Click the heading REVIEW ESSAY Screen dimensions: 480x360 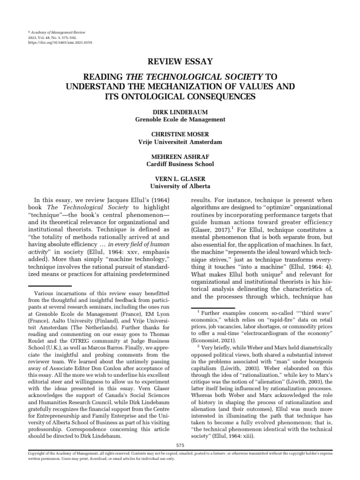coord(180,61)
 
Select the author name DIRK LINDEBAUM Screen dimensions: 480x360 coord(180,112)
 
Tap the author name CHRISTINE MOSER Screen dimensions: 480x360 coord(180,135)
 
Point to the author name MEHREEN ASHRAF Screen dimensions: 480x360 coord(180,157)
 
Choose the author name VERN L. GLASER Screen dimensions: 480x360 coord(180,179)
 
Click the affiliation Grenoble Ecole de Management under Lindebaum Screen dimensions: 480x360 coord(180,120)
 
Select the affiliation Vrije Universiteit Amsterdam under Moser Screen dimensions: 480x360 coord(180,142)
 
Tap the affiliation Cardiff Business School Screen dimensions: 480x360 coord(180,164)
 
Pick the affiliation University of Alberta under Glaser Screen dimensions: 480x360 coord(180,186)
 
